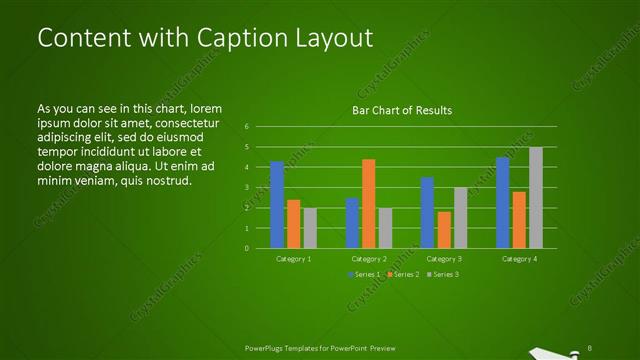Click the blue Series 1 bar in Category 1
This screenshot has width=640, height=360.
(277, 204)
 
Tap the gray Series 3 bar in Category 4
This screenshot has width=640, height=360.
(536, 197)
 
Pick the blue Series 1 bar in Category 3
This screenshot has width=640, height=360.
(427, 212)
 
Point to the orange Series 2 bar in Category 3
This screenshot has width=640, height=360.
(443, 229)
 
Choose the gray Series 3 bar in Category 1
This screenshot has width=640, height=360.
(310, 227)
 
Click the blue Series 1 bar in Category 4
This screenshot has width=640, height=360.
(503, 202)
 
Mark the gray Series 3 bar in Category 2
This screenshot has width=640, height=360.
(385, 227)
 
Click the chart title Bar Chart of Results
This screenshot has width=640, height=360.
(402, 110)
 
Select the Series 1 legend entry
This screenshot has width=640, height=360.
(363, 274)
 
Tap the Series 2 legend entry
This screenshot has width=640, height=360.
(401, 274)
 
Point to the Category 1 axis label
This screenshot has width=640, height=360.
(294, 258)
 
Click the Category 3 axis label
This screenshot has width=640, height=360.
(444, 258)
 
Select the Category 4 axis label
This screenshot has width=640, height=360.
(519, 258)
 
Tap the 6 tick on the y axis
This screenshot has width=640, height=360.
(246, 127)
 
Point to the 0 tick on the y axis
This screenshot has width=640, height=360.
(246, 248)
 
